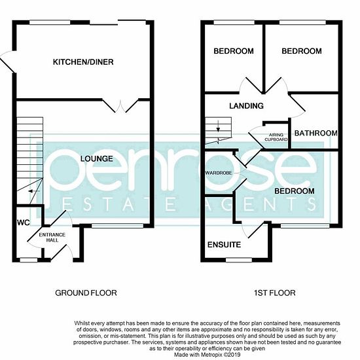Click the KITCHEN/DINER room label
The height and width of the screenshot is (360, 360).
pyautogui.click(x=83, y=62)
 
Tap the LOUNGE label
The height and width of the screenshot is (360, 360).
pyautogui.click(x=97, y=158)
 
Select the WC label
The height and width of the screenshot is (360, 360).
pyautogui.click(x=24, y=223)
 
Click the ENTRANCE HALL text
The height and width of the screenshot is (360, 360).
pyautogui.click(x=52, y=238)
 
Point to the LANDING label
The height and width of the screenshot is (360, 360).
pyautogui.click(x=246, y=105)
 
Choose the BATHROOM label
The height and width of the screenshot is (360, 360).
pyautogui.click(x=316, y=133)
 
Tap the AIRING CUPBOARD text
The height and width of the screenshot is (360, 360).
pyautogui.click(x=276, y=137)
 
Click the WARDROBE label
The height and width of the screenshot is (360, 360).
pyautogui.click(x=219, y=173)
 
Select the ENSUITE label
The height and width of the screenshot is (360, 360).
pyautogui.click(x=224, y=245)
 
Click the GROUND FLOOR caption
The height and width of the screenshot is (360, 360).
pyautogui.click(x=86, y=293)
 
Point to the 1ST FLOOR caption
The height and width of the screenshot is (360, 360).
pyautogui.click(x=275, y=293)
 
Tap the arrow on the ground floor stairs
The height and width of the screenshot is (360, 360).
pyautogui.click(x=34, y=191)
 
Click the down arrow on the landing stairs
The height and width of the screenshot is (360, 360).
pyautogui.click(x=218, y=126)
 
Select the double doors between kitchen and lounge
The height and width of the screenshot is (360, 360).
pyautogui.click(x=120, y=106)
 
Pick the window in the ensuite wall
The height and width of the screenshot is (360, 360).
pyautogui.click(x=239, y=260)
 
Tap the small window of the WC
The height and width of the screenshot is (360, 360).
pyautogui.click(x=29, y=260)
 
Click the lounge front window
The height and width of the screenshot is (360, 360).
pyautogui.click(x=118, y=226)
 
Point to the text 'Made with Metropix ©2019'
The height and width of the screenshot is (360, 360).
pyautogui.click(x=207, y=355)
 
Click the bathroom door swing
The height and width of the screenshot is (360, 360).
pyautogui.click(x=297, y=105)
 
